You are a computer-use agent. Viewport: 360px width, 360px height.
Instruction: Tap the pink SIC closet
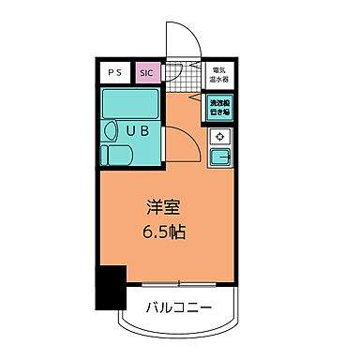pyautogui.click(x=147, y=72)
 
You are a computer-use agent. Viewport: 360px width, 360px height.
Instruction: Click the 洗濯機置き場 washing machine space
pyautogui.click(x=217, y=106)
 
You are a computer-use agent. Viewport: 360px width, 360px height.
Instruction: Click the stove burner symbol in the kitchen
pyautogui.click(x=218, y=137)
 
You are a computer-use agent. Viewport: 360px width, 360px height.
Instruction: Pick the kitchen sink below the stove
pyautogui.click(x=218, y=156)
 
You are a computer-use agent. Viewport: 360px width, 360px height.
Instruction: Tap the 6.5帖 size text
pyautogui.click(x=163, y=230)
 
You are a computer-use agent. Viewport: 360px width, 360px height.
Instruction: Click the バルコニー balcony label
pyautogui.click(x=178, y=307)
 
